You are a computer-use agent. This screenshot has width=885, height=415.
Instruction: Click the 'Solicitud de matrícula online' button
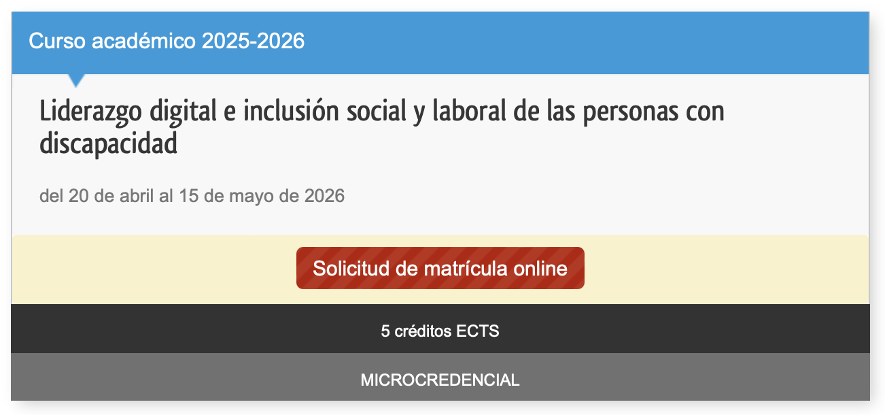[440, 268]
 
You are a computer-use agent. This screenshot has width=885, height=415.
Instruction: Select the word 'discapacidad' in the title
[108, 144]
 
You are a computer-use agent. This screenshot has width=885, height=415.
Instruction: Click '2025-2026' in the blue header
[253, 41]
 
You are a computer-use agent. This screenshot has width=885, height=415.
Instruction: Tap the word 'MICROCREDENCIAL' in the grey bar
[440, 380]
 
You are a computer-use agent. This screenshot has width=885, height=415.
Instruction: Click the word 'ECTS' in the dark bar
[477, 332]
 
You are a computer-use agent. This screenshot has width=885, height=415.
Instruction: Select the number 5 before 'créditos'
[385, 332]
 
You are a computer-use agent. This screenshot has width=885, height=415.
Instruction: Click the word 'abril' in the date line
[138, 197]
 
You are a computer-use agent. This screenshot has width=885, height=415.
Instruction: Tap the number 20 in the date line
[79, 197]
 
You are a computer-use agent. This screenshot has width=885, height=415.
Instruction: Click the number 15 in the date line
[189, 197]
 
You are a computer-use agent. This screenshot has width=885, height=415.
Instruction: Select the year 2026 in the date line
[324, 197]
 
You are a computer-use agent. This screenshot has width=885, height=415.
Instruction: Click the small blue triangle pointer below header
[77, 80]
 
